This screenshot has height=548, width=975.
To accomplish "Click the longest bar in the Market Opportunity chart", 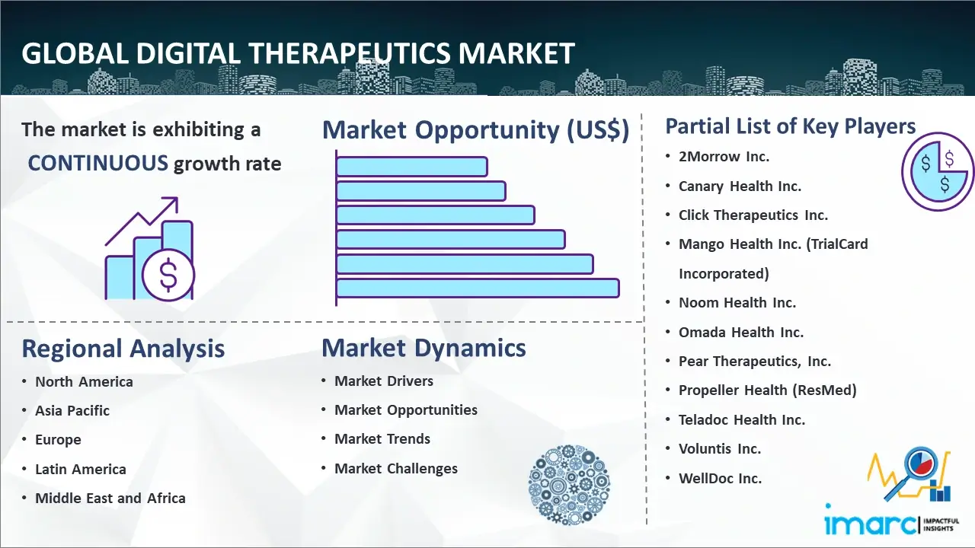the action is coord(478,288).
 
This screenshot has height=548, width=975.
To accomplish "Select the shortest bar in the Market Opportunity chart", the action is coord(412,167).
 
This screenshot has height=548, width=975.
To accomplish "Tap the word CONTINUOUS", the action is coord(98,164).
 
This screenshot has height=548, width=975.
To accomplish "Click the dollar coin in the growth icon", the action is coord(168,275).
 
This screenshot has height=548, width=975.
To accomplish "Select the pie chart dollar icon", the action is coord(937,171).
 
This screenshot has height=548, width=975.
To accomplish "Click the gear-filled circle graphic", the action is coord(569,485).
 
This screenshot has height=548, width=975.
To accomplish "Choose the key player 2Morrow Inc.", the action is coord(724,157).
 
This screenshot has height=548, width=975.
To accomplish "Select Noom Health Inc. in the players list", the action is coord(737,303).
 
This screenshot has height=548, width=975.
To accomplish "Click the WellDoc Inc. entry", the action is coord(721,479).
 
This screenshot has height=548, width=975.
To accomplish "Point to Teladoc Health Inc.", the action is coord(742,419).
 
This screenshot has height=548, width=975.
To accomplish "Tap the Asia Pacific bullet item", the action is coord(72,410).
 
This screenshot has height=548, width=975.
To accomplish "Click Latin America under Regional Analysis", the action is coord(81,470).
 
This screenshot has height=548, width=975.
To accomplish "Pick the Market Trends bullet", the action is coord(382,439).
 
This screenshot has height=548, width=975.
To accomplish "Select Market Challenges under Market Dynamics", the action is coord(396,468).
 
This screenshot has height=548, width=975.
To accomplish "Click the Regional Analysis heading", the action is coord(123,349).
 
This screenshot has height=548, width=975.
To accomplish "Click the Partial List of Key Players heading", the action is coord(791,126).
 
